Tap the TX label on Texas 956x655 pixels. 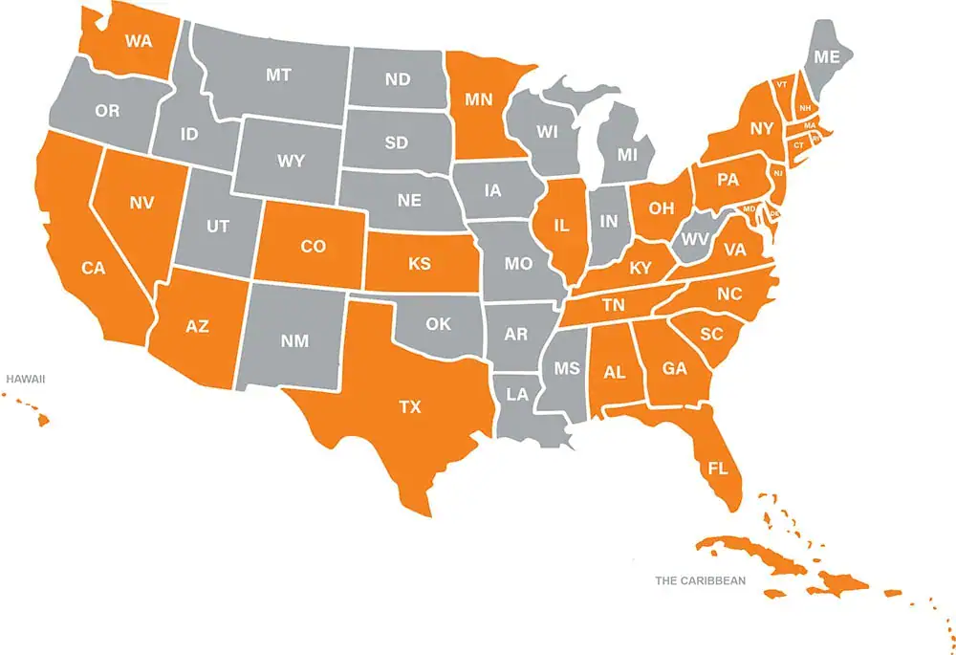tap(409, 407)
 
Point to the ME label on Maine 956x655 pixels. tap(826, 57)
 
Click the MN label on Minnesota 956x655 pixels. tap(479, 98)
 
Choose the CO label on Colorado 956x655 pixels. tap(313, 247)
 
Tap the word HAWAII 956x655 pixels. tap(26, 380)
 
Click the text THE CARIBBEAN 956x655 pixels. tap(700, 580)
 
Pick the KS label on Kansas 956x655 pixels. tap(419, 263)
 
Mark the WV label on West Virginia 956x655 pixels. tap(695, 239)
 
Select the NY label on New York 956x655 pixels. tap(761, 127)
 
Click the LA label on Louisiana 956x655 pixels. tap(517, 394)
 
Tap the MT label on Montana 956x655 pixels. tap(278, 74)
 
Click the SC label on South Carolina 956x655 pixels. tap(710, 334)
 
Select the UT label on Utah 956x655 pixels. tap(218, 227)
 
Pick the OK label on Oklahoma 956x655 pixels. tap(438, 324)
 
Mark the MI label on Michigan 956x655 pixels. tap(627, 154)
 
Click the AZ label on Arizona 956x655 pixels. tap(197, 326)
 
